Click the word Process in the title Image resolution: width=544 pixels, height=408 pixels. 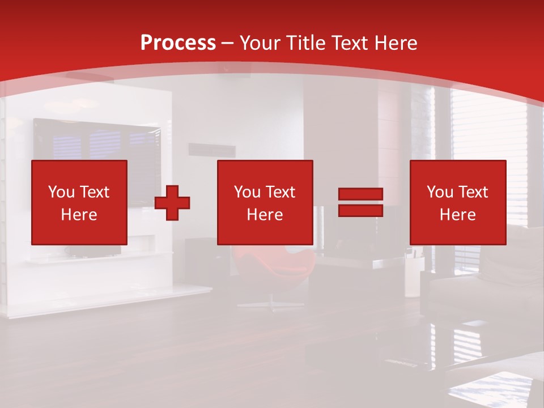[x=178, y=43]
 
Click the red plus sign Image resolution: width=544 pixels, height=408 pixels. [x=172, y=203]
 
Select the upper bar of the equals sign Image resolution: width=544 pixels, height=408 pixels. [x=360, y=194]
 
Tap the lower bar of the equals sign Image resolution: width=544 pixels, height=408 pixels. [x=360, y=211]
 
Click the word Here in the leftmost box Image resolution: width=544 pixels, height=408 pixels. [x=79, y=215]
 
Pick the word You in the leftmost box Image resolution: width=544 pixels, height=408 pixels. [x=61, y=192]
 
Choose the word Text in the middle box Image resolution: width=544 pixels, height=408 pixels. [x=280, y=192]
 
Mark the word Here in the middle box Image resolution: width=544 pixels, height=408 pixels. [x=265, y=215]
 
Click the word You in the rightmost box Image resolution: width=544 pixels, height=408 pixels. [x=440, y=192]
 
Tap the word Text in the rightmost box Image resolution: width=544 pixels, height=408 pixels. [x=473, y=192]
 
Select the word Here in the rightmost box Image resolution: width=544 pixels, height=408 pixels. [x=457, y=215]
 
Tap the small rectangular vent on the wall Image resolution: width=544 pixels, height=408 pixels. [x=212, y=150]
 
